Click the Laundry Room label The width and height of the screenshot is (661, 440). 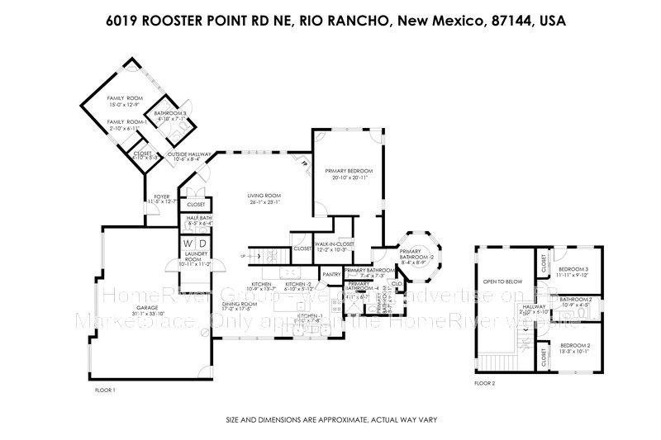pos(195,261)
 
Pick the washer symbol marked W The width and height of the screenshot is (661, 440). pos(188,243)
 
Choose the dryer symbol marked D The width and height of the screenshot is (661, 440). pos(202,243)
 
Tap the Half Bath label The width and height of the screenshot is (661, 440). pos(199,219)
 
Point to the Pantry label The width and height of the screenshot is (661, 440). pos(332,274)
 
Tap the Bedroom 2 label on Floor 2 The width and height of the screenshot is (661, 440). pos(573,345)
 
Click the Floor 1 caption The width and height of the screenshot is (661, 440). pos(106,389)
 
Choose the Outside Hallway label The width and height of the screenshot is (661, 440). pos(190,154)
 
